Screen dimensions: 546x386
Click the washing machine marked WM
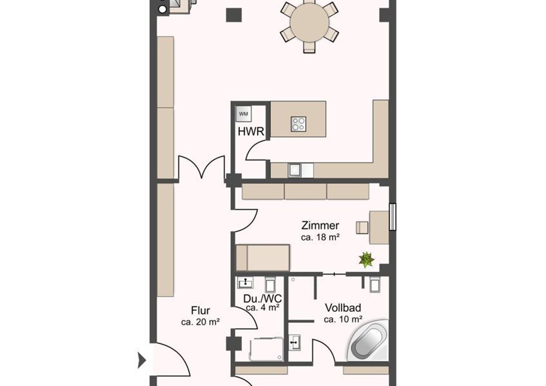coord(243,114)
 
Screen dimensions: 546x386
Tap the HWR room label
coord(251,132)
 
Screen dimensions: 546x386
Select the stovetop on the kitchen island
coord(298,124)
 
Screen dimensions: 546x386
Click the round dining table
coord(309,23)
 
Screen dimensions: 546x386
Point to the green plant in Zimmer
coord(366,260)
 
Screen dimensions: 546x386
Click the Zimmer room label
coord(320,225)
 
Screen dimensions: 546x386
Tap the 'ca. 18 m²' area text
coord(320,237)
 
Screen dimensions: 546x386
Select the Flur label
coord(200,310)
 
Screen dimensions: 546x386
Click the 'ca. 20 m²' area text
coord(200,322)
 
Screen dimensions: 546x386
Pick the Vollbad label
coord(343,308)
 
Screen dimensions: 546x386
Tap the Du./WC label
coord(263,299)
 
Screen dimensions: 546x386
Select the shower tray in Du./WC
coord(266,349)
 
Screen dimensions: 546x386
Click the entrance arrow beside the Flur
coord(142,360)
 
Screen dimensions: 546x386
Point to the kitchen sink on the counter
coord(294,170)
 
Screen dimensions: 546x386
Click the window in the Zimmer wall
coord(392,217)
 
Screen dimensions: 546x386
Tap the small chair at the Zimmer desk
coord(362,228)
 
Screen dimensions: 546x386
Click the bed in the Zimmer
coord(263,258)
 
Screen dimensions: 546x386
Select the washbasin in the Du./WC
coord(245,282)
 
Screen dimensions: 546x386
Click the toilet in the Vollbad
coord(375,284)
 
